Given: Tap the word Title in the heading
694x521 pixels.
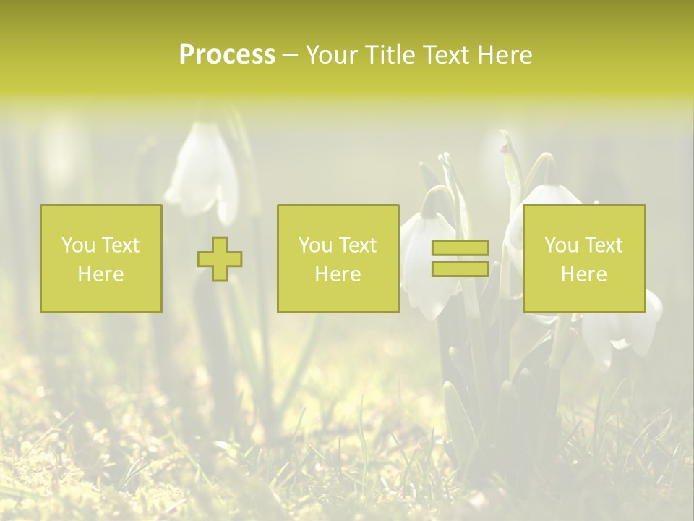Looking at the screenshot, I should pyautogui.click(x=389, y=55).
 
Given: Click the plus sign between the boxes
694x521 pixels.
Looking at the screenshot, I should pyautogui.click(x=220, y=259).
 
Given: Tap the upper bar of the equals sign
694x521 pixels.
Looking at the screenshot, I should pyautogui.click(x=460, y=248).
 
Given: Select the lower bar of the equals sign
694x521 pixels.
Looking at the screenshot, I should pyautogui.click(x=460, y=268).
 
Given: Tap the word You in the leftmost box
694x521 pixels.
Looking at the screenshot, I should pyautogui.click(x=78, y=245).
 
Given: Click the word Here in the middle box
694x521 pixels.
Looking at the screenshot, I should pyautogui.click(x=338, y=274).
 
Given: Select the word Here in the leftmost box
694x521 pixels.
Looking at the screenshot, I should pyautogui.click(x=101, y=274).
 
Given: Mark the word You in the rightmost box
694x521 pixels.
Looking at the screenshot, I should pyautogui.click(x=561, y=245).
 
